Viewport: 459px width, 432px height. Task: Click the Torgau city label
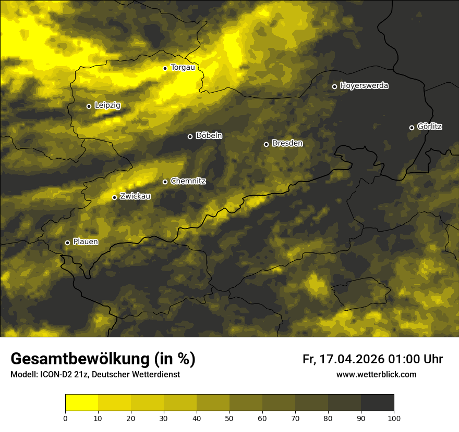tap(183, 68)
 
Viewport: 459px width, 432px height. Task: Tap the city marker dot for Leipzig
tap(89, 106)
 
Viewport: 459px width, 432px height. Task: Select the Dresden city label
tap(287, 143)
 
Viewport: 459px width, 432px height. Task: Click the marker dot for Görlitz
tap(412, 128)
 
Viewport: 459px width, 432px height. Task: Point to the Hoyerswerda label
tap(364, 86)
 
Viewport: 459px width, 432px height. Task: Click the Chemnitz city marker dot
tap(165, 182)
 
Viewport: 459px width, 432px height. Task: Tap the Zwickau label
tap(135, 196)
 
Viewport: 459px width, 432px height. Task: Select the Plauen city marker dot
tap(67, 243)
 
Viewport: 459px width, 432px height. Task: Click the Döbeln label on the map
tap(209, 136)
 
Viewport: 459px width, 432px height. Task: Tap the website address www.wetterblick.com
tap(376, 375)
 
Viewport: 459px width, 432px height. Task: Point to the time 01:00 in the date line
tap(401, 359)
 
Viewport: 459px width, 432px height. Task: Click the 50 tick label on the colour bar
tap(229, 418)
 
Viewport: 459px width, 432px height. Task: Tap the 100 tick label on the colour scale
tap(393, 418)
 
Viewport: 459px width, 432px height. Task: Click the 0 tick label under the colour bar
tap(65, 418)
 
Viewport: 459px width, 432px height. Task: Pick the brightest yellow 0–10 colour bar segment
tap(82, 403)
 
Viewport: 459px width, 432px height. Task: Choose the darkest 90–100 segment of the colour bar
tap(377, 403)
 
